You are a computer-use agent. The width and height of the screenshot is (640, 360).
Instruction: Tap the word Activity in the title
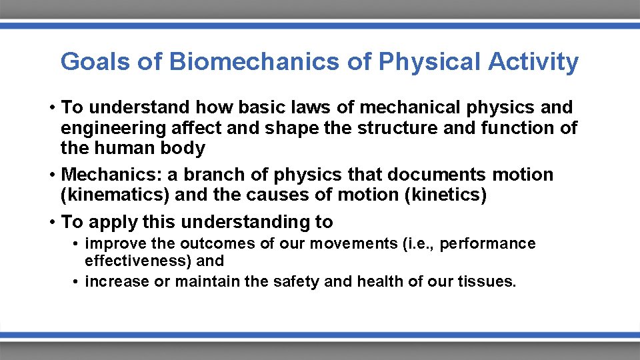click(x=533, y=62)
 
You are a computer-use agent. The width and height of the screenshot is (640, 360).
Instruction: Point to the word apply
click(x=113, y=222)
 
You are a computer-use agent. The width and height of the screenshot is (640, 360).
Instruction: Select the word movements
click(x=358, y=243)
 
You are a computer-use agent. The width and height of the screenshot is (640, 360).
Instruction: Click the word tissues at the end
click(x=486, y=281)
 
